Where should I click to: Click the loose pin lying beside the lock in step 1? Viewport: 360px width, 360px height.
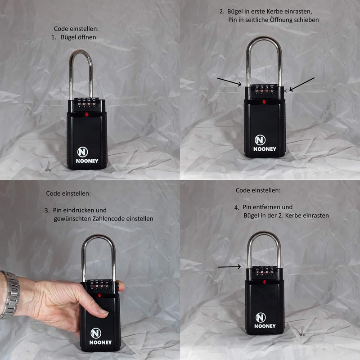(47, 167)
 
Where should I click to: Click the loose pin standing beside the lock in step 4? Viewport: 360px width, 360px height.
(302, 331)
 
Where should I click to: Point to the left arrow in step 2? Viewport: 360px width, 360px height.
(229, 81)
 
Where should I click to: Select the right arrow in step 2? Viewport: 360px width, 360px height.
(302, 84)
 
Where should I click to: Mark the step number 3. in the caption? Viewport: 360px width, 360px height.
(47, 210)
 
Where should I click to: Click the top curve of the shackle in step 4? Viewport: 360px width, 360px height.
(264, 233)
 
